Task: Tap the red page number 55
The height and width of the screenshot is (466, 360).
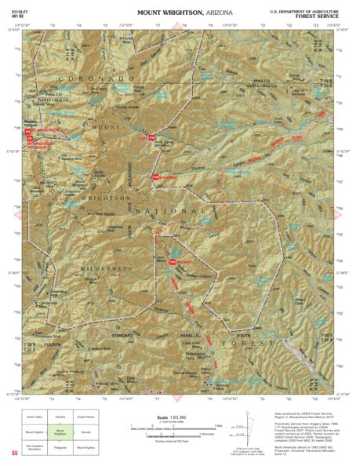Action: tap(14, 453)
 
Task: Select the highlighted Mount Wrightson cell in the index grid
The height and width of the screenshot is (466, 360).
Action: tap(60, 431)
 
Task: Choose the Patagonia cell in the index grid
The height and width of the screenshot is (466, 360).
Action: tap(60, 446)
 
